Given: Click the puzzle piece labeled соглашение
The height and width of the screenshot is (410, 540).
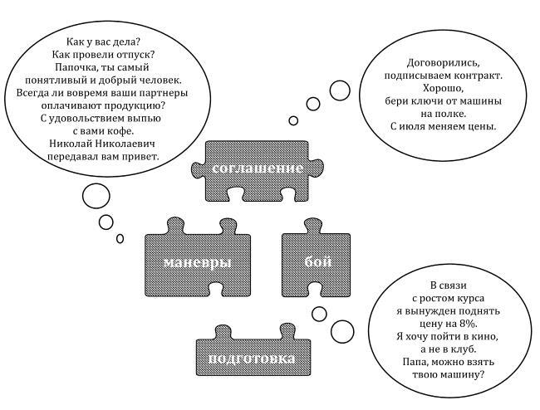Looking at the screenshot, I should [257, 169].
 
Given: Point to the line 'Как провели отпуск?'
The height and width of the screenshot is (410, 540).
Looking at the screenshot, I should [103, 55].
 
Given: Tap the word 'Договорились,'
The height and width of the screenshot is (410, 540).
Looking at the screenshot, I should [444, 61].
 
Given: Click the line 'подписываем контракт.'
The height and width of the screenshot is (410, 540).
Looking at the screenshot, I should [444, 75].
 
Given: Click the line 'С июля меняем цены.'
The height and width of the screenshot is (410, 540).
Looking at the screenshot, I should [443, 127].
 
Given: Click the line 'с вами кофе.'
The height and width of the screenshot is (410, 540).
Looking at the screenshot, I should [102, 131].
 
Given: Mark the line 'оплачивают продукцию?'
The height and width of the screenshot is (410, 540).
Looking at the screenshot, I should [103, 105].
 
